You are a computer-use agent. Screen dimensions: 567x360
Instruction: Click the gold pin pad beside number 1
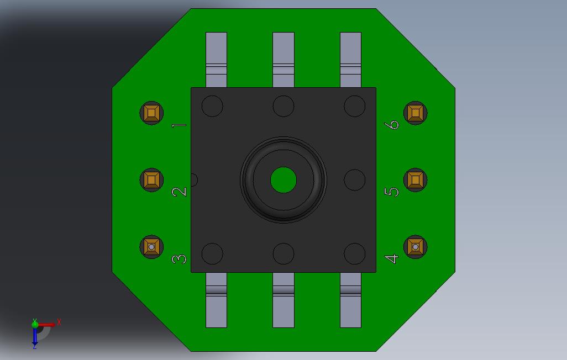point(151,113)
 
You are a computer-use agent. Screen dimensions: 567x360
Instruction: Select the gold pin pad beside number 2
point(151,180)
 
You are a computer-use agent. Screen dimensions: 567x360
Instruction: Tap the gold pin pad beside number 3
point(151,247)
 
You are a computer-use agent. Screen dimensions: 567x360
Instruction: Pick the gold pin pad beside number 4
point(416,247)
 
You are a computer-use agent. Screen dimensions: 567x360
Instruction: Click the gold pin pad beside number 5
point(416,180)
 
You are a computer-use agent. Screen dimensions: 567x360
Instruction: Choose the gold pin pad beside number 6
point(416,113)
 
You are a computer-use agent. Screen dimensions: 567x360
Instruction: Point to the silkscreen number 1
point(179,125)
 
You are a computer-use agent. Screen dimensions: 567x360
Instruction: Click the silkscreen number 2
point(179,192)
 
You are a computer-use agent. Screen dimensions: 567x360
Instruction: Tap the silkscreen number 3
point(179,259)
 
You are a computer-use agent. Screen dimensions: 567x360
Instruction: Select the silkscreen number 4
point(391,259)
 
